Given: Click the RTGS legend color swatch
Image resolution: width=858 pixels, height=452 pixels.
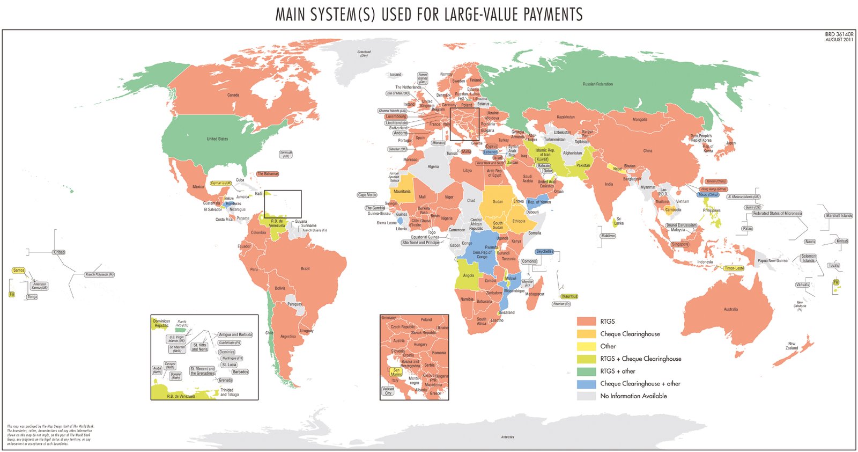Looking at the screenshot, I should (x=586, y=321).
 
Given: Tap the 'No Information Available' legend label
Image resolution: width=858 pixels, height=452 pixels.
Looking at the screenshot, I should (x=633, y=396).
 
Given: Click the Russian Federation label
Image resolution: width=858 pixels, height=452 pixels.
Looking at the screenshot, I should (x=597, y=84).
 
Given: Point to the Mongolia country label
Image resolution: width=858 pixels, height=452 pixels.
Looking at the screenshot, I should (x=639, y=120).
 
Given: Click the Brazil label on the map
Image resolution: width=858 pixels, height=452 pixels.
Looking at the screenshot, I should (x=305, y=268).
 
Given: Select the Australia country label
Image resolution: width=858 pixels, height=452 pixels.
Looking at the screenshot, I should (x=730, y=309).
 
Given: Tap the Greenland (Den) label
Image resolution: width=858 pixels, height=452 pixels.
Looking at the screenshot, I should (x=364, y=54).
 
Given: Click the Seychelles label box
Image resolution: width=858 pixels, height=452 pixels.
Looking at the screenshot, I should (x=544, y=252).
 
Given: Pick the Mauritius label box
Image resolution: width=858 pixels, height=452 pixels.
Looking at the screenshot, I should (x=569, y=296).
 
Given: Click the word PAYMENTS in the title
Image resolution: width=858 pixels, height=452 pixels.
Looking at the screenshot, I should (x=553, y=14).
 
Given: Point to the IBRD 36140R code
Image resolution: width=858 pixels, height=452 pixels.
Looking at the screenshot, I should (x=839, y=34).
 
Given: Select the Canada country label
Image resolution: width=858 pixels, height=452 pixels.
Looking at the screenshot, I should (x=233, y=95).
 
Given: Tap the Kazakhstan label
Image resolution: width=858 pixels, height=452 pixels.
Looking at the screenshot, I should (x=565, y=117).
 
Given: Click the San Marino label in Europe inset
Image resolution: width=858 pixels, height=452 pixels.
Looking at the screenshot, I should (x=396, y=371).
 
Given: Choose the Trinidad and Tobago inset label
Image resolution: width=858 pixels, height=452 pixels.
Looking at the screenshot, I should (x=230, y=392).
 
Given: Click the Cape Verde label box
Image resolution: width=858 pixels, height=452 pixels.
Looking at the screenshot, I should (x=367, y=195).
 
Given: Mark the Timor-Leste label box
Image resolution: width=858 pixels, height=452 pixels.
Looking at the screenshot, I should (x=734, y=268).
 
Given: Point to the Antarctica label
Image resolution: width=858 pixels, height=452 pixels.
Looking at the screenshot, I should (x=507, y=437).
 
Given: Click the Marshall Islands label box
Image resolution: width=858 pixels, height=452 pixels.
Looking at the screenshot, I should (x=839, y=216).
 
